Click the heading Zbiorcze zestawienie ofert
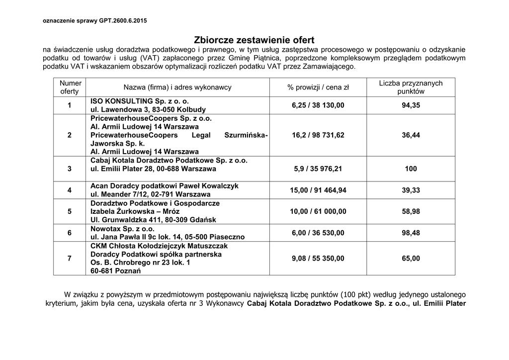tap(254, 40)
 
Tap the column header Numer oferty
tap(70, 88)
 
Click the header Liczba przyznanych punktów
tap(411, 88)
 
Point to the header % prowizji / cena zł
tap(318, 88)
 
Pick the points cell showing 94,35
tap(411, 105)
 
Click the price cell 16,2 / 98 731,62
tap(318, 135)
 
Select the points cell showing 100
tap(411, 169)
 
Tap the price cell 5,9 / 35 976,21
tap(318, 169)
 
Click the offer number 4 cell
tap(70, 190)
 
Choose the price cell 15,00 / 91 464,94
tap(318, 190)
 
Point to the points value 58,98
tap(411, 211)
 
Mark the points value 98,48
tap(411, 233)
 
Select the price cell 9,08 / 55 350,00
tap(318, 259)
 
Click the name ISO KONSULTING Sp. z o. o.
tap(140, 101)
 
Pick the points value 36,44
tap(411, 135)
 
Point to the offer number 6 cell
tap(70, 233)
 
